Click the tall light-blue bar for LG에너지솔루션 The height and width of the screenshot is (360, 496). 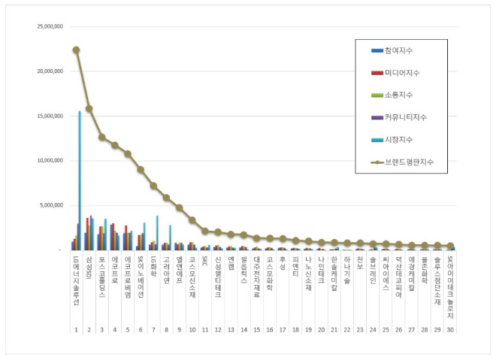pyautogui.click(x=80, y=180)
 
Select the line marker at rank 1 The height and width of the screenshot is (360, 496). pyautogui.click(x=76, y=50)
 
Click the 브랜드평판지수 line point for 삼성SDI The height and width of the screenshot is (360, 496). pyautogui.click(x=89, y=108)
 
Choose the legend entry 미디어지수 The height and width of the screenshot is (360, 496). pyautogui.click(x=403, y=73)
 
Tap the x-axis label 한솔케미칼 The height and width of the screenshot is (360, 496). pyautogui.click(x=334, y=274)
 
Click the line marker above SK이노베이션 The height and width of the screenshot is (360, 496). pyautogui.click(x=141, y=170)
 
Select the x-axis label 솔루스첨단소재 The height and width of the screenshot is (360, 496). pyautogui.click(x=437, y=278)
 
